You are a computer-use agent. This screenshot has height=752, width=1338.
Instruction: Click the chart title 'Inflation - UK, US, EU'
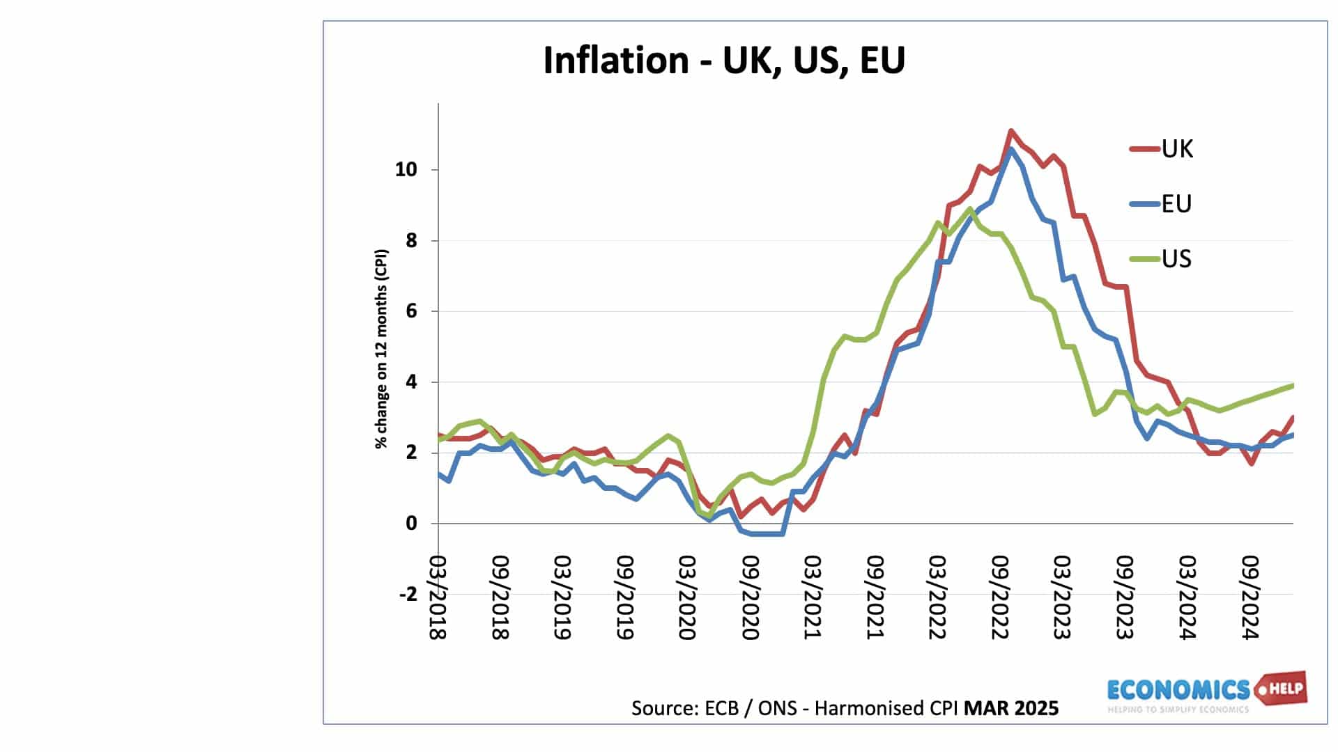click(723, 60)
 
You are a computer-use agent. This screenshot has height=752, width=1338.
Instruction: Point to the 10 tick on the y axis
click(406, 170)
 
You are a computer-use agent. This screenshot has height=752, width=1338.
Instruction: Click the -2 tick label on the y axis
click(408, 595)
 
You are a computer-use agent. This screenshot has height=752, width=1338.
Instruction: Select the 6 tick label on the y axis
click(410, 311)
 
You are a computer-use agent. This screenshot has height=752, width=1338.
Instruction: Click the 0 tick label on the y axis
click(410, 524)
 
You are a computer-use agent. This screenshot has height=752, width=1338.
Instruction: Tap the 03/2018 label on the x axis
click(437, 597)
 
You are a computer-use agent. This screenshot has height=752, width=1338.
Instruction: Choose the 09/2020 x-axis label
click(749, 597)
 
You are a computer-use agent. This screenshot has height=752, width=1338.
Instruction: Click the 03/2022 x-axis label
click(937, 597)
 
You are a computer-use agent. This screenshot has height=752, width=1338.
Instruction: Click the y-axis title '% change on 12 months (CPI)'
click(381, 348)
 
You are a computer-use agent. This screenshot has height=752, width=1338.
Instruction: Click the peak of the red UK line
click(1011, 131)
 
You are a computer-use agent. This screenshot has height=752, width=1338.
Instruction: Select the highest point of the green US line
click(970, 208)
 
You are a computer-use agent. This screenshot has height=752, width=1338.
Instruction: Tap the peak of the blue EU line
click(1011, 149)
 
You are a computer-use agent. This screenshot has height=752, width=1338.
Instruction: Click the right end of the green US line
click(1293, 385)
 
